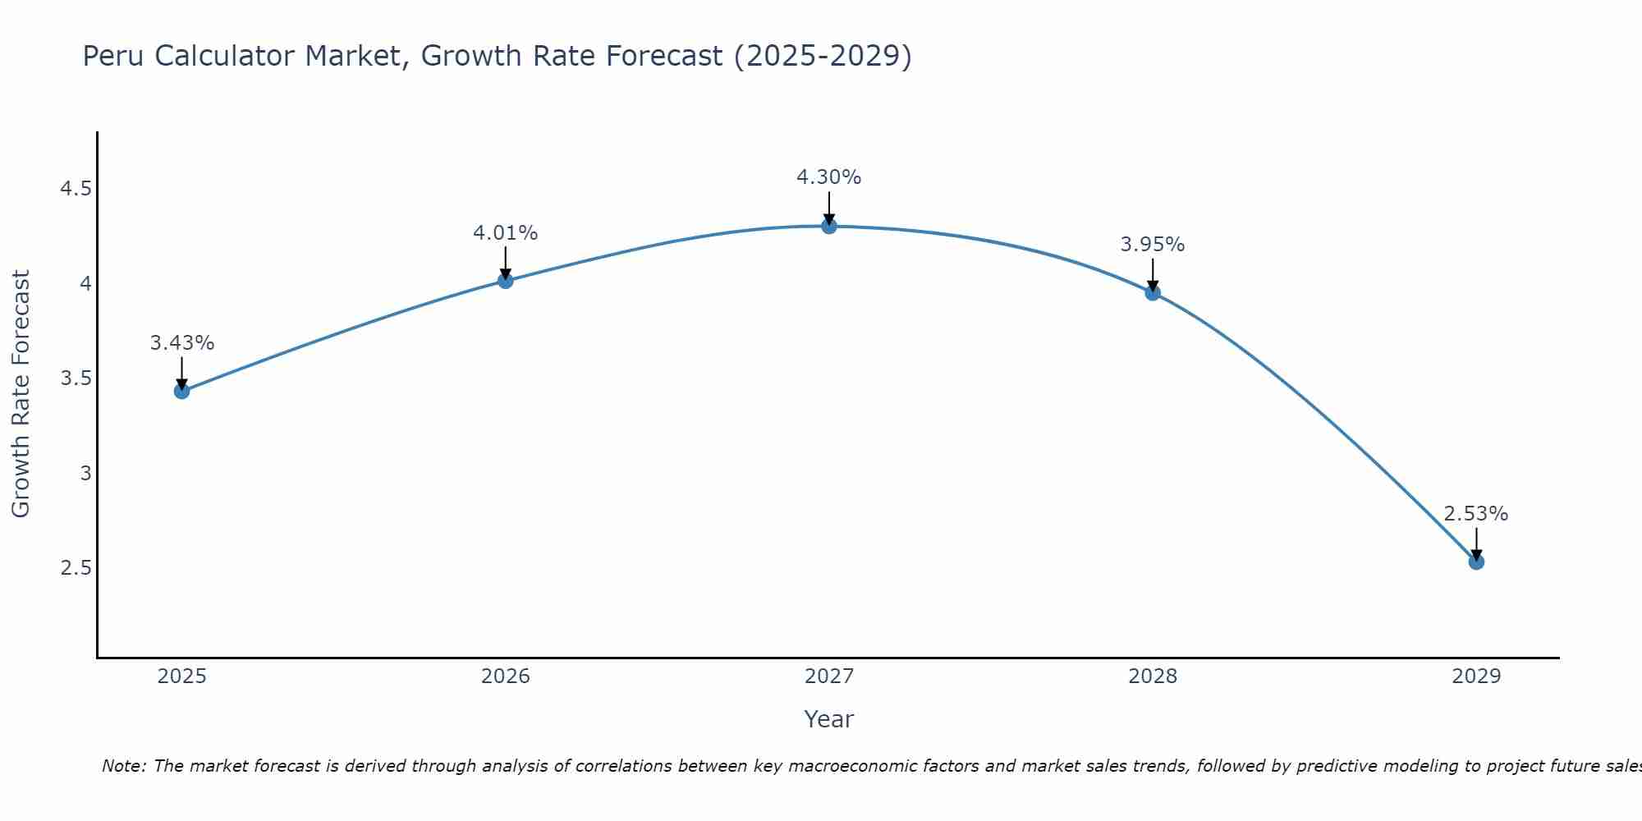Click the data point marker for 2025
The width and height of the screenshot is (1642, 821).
pos(181,391)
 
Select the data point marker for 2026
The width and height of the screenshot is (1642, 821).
pos(505,281)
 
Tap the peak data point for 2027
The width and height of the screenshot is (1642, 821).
pos(829,226)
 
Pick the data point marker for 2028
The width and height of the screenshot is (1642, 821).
pos(1153,292)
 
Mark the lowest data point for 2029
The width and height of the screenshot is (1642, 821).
pos(1476,562)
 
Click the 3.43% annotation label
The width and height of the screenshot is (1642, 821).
pos(181,343)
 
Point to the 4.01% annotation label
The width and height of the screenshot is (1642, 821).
pos(505,233)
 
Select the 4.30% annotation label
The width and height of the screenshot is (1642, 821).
pos(829,177)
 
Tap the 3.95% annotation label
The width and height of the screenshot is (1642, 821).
pos(1153,245)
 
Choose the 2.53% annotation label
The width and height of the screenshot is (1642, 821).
pos(1476,514)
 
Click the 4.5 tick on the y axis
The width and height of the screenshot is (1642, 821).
pos(76,190)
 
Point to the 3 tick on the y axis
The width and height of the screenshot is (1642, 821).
pos(85,474)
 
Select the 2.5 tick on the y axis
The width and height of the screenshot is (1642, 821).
pos(76,568)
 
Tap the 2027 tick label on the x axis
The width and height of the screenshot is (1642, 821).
pos(829,677)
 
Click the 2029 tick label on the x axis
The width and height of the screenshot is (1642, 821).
pos(1476,677)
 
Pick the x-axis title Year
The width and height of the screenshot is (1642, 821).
pos(829,719)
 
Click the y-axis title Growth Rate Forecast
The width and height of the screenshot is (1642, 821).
pos(21,394)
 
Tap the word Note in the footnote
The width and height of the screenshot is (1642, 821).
pos(123,766)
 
